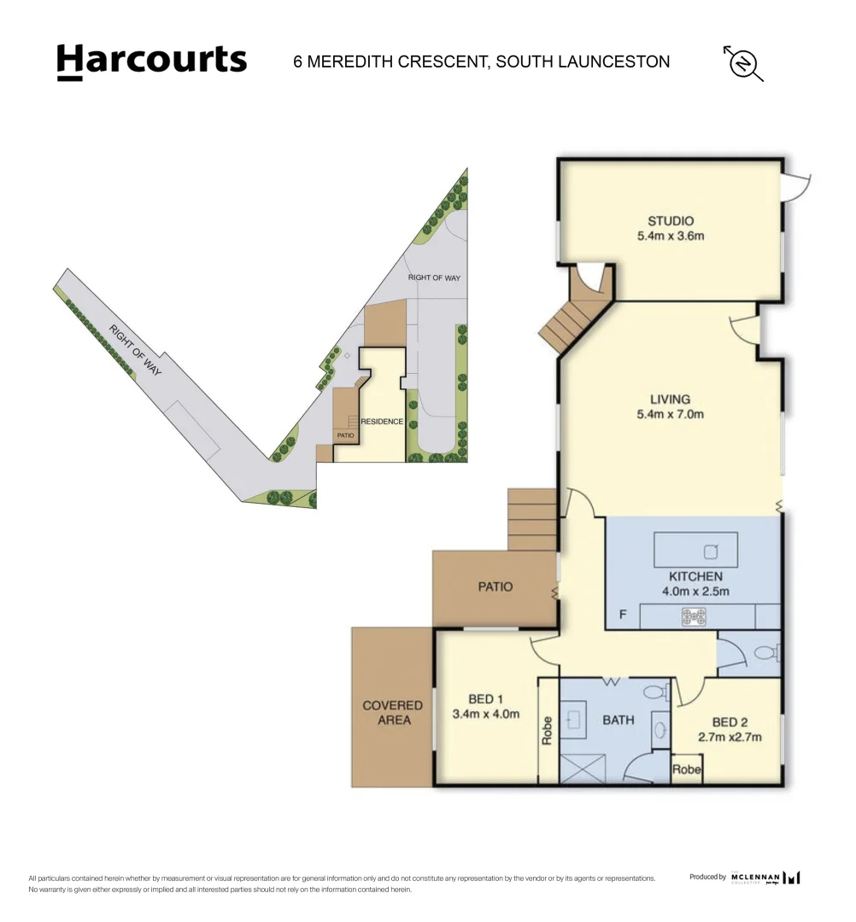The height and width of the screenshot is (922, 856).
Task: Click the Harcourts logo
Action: pos(151,61)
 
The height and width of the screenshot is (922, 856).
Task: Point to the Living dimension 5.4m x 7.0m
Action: pos(670,415)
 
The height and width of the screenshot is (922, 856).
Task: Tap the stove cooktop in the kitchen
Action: pos(694,616)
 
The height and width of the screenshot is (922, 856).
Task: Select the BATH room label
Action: pos(618,720)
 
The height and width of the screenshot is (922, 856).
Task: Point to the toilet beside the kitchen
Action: pos(763,654)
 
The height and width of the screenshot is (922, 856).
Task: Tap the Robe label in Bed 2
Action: pos(687,769)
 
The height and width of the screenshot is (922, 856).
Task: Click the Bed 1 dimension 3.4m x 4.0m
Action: pos(485,715)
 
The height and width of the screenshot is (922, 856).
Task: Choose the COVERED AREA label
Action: pos(392,713)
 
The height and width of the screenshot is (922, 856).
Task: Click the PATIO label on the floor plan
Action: pos(495,586)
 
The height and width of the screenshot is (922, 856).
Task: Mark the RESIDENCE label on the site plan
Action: pos(381,422)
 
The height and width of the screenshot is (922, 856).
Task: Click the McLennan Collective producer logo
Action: pos(765,877)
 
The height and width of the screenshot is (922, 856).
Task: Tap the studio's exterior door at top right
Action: pos(795,182)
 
